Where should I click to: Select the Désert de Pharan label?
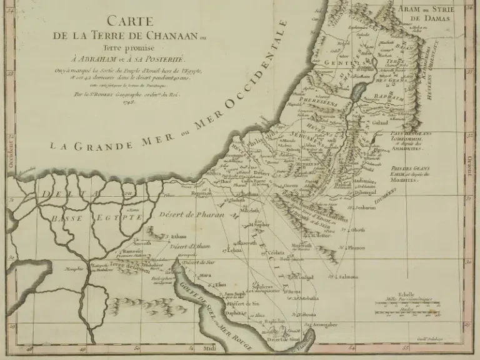(185, 216)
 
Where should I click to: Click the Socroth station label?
(142, 242)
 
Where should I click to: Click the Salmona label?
(347, 276)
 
